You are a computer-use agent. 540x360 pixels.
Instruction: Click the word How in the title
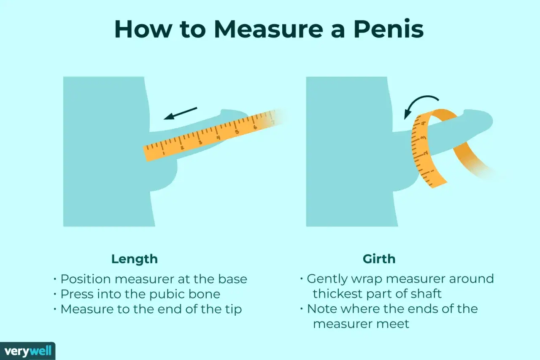[x=143, y=29]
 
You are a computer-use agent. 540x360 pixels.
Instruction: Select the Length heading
[x=135, y=260]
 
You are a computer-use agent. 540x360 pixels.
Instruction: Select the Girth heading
[x=379, y=259]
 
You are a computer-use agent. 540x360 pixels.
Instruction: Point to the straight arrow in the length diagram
[x=180, y=114]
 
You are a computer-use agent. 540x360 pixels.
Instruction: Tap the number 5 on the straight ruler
[x=237, y=132]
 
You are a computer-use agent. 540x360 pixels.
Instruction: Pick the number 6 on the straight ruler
[x=255, y=127]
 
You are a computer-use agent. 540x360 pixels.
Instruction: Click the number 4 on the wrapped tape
[x=423, y=124]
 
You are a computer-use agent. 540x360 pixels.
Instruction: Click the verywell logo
[x=28, y=351]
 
